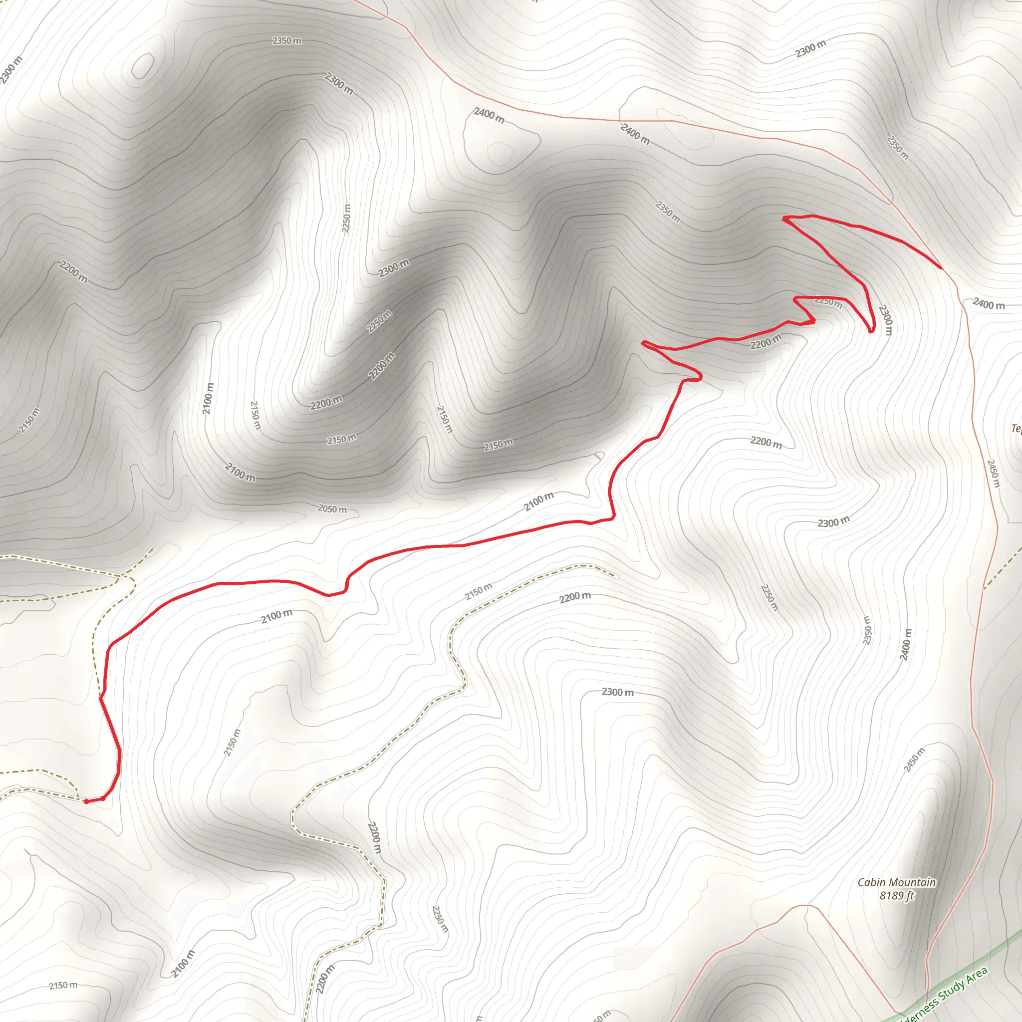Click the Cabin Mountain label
[897, 882]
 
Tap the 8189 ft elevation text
[897, 896]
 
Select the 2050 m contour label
[332, 509]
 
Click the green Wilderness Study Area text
[947, 995]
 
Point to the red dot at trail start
[86, 801]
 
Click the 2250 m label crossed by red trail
[828, 302]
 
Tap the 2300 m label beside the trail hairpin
[885, 319]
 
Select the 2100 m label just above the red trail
[538, 501]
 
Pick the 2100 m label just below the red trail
[276, 616]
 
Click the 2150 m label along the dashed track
[478, 591]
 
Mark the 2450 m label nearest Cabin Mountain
[914, 760]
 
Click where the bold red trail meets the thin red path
[942, 268]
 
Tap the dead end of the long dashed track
[617, 576]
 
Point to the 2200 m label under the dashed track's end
[574, 597]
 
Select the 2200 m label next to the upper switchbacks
[766, 342]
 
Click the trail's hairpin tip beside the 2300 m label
[871, 332]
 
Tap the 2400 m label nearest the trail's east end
[988, 304]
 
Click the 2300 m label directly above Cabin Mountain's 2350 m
[834, 522]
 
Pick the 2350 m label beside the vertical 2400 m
[867, 631]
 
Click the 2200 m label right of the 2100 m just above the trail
[766, 442]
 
